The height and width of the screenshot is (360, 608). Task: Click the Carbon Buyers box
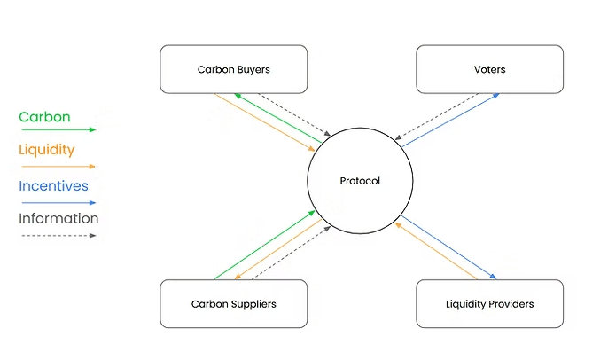coord(233,69)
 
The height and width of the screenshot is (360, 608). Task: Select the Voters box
coord(489,69)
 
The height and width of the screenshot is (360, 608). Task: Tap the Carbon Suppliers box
coord(233,304)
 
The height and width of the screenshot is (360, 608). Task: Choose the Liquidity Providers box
coord(489,304)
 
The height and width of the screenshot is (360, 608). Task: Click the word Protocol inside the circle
coord(360,181)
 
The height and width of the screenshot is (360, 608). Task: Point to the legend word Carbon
coord(44,117)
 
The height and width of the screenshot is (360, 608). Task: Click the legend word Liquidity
coord(47,150)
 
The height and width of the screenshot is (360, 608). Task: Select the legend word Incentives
coord(53,185)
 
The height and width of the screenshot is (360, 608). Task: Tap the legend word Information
coord(58,218)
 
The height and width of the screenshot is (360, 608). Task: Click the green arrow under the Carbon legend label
coord(58,129)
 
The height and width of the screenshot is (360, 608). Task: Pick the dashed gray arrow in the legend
coord(58,235)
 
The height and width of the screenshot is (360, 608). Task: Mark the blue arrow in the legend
coord(58,202)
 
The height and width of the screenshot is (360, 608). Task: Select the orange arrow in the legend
coord(58,166)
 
